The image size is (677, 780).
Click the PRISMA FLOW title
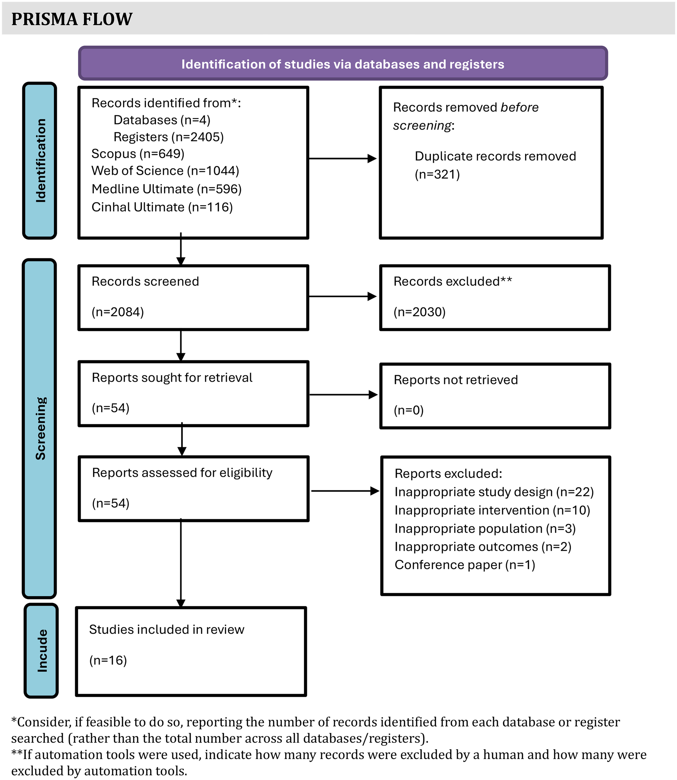click(72, 19)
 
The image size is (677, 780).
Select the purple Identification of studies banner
click(343, 64)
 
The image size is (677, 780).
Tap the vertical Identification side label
click(40, 161)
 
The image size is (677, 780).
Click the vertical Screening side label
click(40, 428)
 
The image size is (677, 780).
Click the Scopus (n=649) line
click(138, 154)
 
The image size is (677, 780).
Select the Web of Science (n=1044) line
click(165, 171)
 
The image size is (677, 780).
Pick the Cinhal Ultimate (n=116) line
click(162, 207)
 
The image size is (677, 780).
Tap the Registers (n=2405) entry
click(168, 137)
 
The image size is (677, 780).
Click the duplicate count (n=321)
click(437, 174)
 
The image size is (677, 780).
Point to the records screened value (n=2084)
click(118, 312)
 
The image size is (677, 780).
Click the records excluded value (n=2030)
click(420, 312)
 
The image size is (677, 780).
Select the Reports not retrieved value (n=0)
click(408, 410)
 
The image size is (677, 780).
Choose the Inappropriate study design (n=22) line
click(494, 492)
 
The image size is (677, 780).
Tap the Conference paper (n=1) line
click(465, 565)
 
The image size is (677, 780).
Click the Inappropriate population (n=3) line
click(485, 529)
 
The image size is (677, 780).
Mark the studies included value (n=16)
click(108, 660)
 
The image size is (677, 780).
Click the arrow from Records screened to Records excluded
click(342, 296)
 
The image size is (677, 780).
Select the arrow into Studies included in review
click(181, 563)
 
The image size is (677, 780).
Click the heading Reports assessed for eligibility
click(182, 472)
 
